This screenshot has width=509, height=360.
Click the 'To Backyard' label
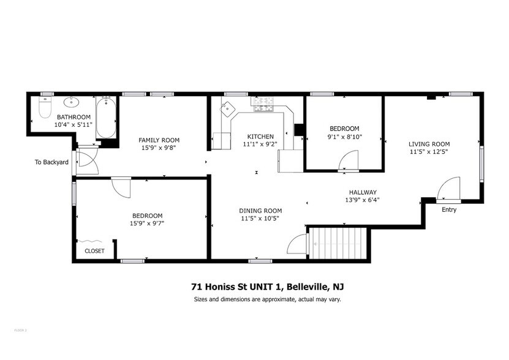(51, 162)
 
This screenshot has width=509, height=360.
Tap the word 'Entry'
(449, 210)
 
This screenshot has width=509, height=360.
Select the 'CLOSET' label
(94, 251)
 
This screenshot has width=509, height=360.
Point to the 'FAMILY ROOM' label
(159, 140)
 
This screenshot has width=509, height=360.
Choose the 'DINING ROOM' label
(260, 211)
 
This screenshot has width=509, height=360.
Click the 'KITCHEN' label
(260, 137)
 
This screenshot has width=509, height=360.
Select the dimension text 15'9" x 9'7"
(148, 223)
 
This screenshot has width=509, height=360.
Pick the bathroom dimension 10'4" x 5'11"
(74, 124)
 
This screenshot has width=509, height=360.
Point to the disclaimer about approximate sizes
(267, 299)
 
